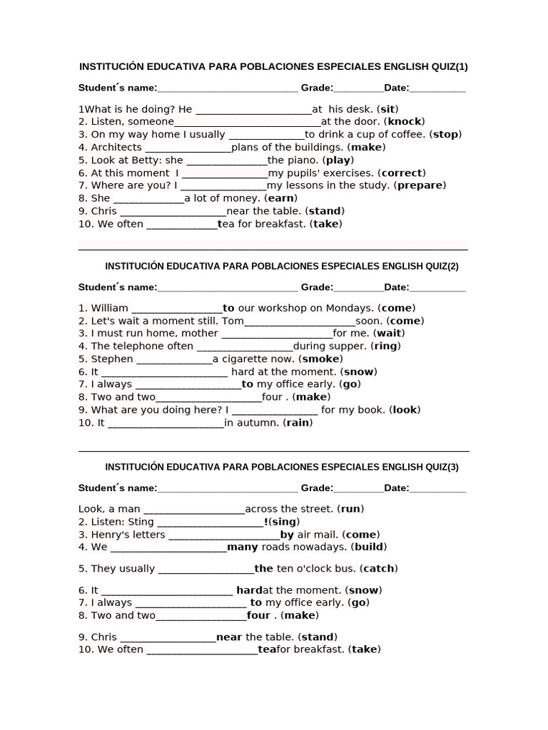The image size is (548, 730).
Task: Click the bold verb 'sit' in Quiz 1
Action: (x=387, y=109)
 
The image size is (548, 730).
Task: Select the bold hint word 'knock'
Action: (x=405, y=122)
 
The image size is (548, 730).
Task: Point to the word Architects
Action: (x=116, y=148)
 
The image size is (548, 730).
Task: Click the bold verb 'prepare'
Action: (x=421, y=185)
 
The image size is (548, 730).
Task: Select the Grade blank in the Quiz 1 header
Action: (x=358, y=88)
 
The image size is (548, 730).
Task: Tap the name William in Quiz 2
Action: (x=110, y=308)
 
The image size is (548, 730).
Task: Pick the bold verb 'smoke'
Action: (x=321, y=359)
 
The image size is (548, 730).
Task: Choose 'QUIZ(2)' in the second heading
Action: (x=442, y=267)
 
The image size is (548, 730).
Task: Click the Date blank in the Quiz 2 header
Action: (x=437, y=288)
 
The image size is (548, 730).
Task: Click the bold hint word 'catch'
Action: (x=378, y=569)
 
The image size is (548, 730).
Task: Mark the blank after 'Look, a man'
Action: (x=194, y=510)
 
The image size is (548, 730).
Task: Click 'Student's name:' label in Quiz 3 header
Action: (x=118, y=488)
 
